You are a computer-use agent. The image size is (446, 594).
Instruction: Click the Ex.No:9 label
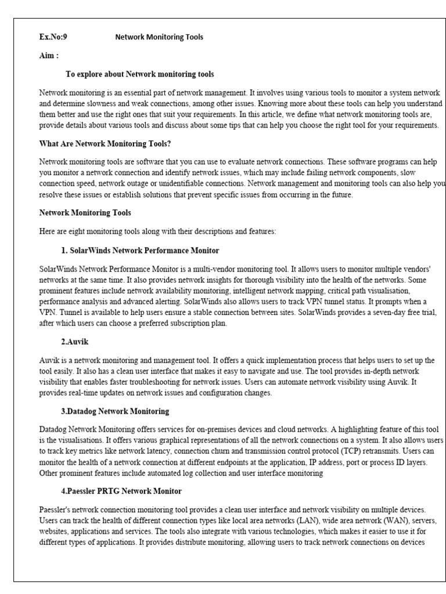click(53, 37)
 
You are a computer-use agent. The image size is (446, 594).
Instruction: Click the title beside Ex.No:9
click(159, 37)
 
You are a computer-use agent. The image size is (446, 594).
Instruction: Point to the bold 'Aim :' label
click(49, 56)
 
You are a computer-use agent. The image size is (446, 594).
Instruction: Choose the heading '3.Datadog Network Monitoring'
click(115, 411)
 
